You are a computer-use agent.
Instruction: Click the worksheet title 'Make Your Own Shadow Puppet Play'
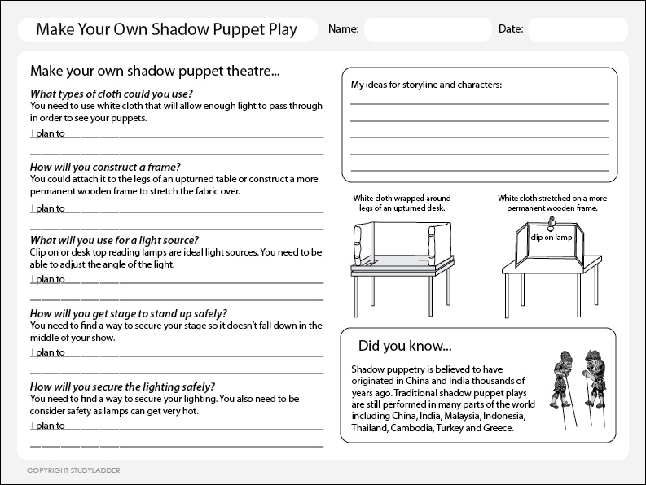click(167, 30)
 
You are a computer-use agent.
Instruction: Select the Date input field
click(577, 29)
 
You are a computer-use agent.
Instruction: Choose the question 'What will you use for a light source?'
click(114, 240)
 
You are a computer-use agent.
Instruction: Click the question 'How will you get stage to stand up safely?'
click(128, 313)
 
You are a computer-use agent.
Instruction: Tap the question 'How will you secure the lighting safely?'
click(122, 387)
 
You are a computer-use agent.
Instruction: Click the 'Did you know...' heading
click(393, 346)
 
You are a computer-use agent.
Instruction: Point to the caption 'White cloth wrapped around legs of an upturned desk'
click(402, 203)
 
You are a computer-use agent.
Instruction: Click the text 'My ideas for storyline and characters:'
click(426, 84)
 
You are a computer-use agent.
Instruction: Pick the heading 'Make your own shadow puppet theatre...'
click(155, 71)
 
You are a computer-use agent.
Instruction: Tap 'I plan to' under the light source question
click(47, 279)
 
